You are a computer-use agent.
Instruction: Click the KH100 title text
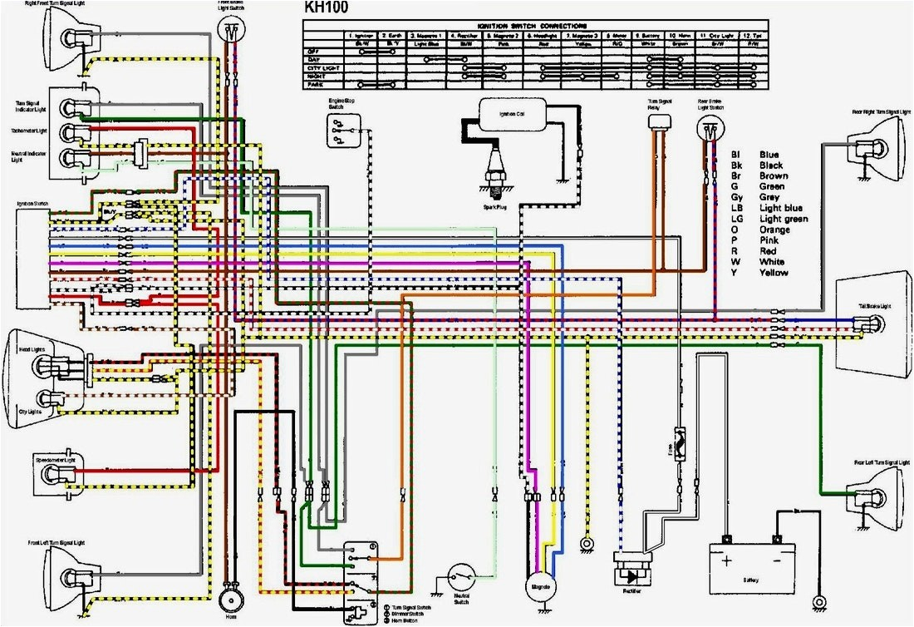[326, 9]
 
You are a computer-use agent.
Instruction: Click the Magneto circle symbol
[536, 586]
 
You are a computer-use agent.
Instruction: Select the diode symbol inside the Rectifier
[632, 575]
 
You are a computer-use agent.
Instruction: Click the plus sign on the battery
[729, 560]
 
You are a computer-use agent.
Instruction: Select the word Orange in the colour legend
[774, 230]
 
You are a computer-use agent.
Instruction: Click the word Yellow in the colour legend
[774, 273]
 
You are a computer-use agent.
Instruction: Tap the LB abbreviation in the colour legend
[737, 208]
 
